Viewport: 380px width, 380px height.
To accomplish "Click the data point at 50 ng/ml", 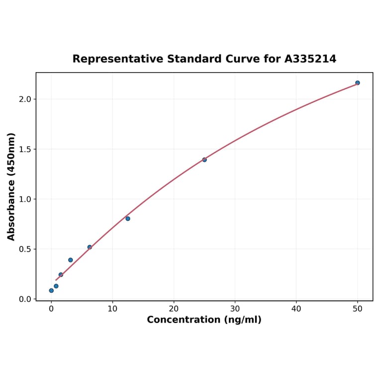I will point(358,83).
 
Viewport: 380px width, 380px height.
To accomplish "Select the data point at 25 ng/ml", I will point(204,160).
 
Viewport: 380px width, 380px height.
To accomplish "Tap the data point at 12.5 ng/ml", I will point(128,218).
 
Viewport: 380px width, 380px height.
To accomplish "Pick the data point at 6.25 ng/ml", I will point(90,247).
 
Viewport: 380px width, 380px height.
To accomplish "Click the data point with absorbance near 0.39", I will point(71,260).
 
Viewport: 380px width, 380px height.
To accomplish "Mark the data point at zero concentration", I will point(51,290).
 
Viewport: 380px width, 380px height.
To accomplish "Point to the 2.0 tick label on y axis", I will point(25,99).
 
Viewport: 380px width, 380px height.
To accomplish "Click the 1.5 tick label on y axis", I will point(25,149).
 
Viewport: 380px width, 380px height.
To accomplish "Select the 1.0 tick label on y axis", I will point(25,199).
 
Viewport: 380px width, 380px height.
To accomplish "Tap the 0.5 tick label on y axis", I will point(25,249).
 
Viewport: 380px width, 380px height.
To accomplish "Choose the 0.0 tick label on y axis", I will point(25,299).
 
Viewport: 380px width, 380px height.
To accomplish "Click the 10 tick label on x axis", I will point(112,309).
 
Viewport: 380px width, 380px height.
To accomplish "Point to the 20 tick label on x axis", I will point(174,309).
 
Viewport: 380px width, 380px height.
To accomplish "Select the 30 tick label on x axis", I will point(235,309).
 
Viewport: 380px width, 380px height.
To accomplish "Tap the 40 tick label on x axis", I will point(296,309).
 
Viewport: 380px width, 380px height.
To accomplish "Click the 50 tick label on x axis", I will point(358,309).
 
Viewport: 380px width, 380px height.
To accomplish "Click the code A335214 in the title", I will point(310,59).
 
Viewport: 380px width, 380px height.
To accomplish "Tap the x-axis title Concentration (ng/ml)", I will point(204,320).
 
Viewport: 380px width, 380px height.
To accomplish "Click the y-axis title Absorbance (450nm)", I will point(11,187).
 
